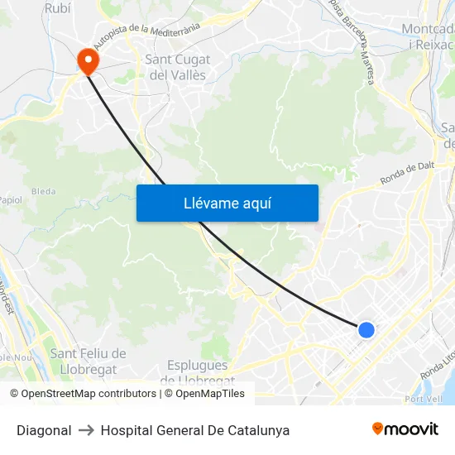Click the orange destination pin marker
(x=87, y=60)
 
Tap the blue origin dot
(x=366, y=330)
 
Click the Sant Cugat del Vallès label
(x=177, y=67)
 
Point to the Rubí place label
(x=57, y=8)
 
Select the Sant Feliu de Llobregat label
(x=88, y=361)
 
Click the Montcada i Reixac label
(x=428, y=36)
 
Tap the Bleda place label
(x=43, y=192)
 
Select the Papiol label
(x=10, y=199)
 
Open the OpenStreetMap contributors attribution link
(x=89, y=394)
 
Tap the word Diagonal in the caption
(x=44, y=430)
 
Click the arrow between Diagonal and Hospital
(x=86, y=430)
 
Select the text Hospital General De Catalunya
(x=195, y=430)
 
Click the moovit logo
(x=405, y=429)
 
